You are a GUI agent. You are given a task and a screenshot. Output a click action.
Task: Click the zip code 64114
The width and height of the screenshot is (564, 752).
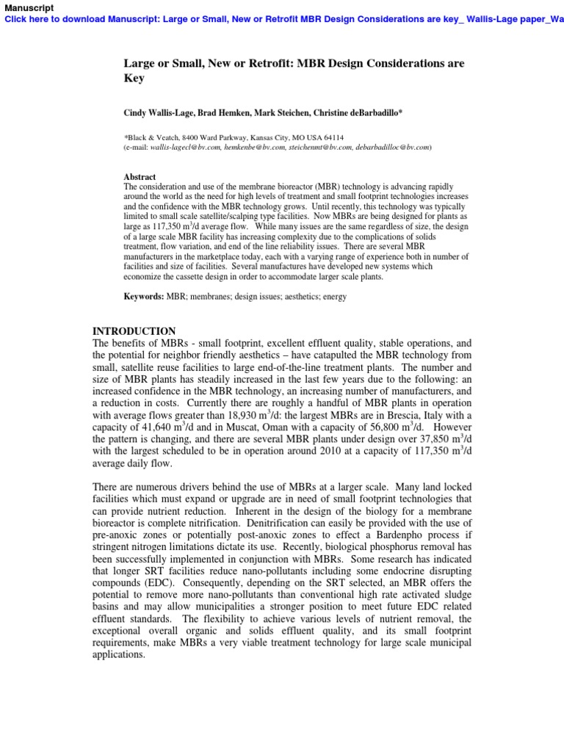[333, 138]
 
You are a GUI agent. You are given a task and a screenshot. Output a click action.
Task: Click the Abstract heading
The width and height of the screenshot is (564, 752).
[140, 177]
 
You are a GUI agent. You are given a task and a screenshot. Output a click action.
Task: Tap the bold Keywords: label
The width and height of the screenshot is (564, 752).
[143, 297]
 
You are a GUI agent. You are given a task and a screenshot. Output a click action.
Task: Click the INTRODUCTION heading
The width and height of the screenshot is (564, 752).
[134, 331]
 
